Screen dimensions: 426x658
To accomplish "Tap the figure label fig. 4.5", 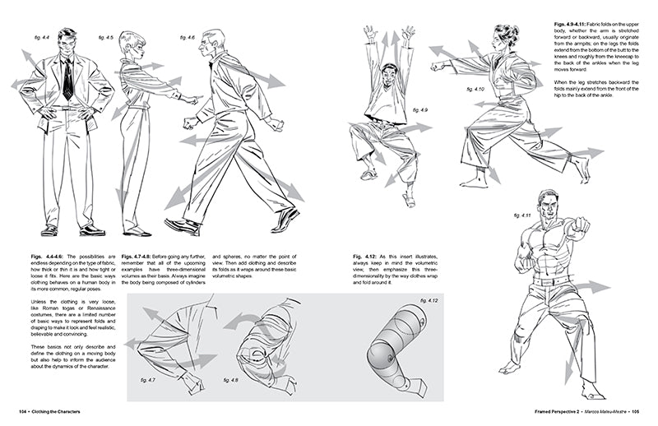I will pos(105,38).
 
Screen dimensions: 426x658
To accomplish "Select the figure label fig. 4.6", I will pos(187,37).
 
